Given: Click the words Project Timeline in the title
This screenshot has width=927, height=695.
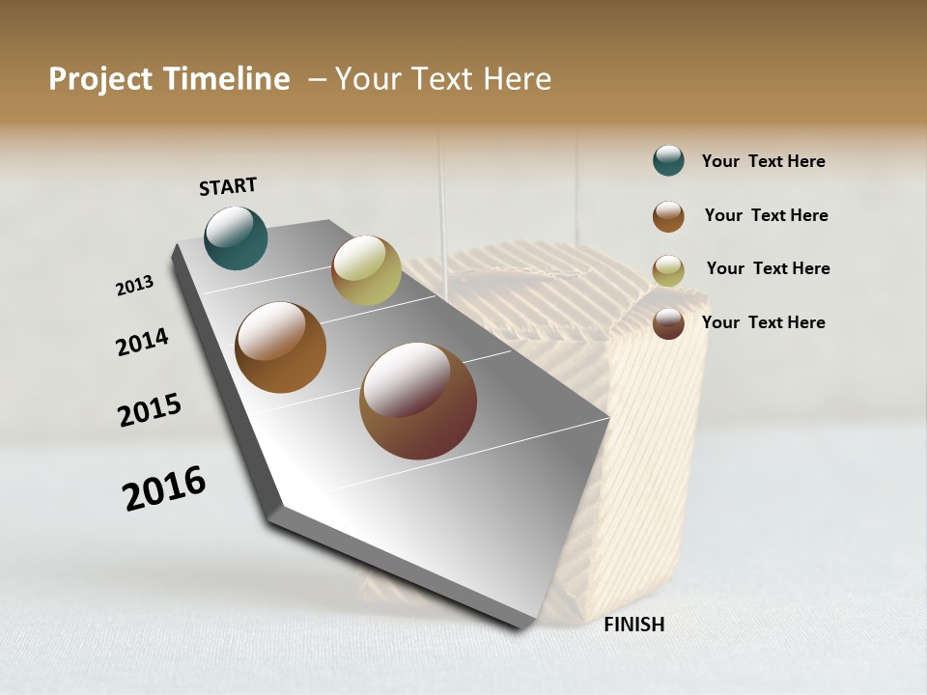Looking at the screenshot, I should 169,79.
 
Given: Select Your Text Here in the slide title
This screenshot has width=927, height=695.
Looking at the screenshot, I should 443,79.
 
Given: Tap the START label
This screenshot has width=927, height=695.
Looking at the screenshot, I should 228,186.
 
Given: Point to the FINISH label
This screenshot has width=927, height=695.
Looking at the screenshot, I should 634,625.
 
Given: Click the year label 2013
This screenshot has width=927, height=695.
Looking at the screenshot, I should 135,286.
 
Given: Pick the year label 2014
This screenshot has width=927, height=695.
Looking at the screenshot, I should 143,342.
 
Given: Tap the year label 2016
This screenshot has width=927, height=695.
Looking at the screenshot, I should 164,488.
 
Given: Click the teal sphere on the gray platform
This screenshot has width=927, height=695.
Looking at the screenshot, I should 237,238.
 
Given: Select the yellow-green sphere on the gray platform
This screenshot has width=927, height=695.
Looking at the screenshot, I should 366,270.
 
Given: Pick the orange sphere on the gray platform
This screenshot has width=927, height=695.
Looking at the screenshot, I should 281,347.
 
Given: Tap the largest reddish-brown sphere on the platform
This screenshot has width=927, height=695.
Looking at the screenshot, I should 418,401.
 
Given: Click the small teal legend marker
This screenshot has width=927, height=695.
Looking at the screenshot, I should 668,161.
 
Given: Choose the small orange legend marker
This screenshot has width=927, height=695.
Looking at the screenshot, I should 668,216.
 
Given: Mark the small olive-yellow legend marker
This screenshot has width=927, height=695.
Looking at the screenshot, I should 668,270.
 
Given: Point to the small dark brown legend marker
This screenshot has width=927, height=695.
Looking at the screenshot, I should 668,323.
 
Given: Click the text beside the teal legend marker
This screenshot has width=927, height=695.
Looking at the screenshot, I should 764,162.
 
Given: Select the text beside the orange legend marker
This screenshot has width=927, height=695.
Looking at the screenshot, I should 767,215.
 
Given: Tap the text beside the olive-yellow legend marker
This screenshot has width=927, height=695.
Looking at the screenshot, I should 769,268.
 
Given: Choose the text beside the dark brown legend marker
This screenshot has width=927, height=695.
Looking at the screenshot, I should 764,322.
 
